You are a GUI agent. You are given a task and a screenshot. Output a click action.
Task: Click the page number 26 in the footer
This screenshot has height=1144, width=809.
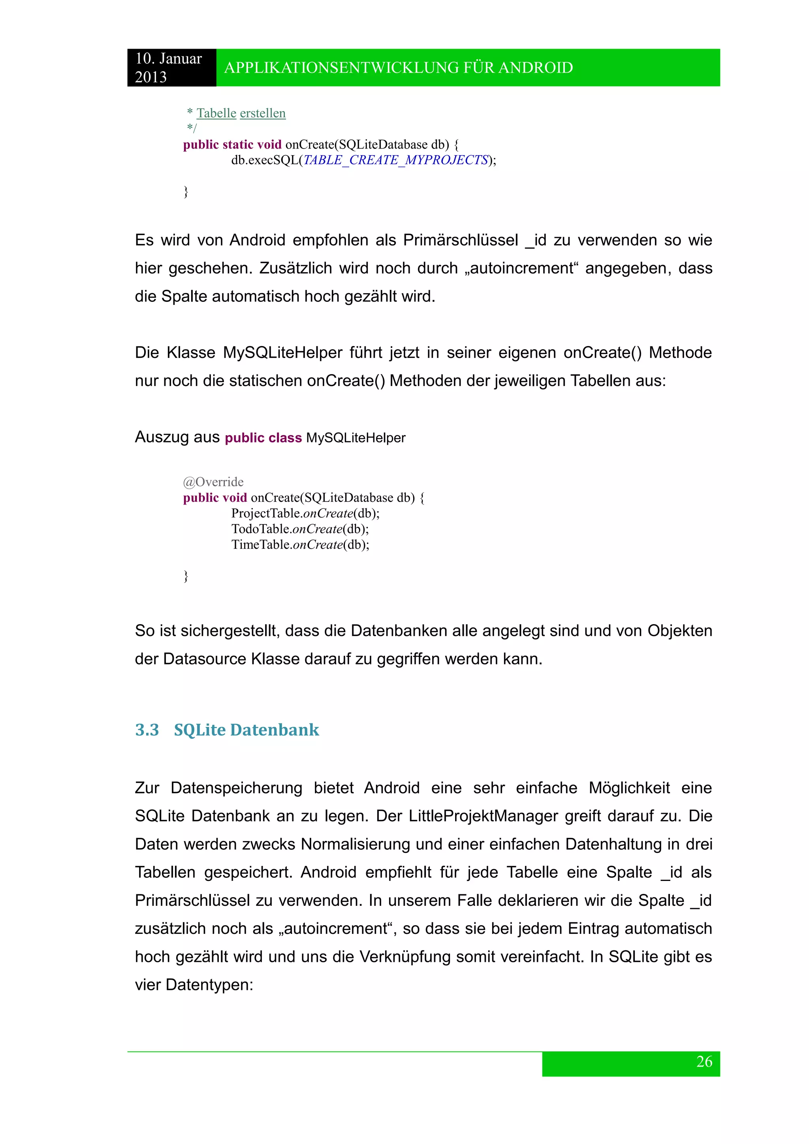coord(704,1062)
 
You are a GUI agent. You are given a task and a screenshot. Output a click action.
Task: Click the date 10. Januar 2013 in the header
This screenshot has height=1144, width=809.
coord(168,68)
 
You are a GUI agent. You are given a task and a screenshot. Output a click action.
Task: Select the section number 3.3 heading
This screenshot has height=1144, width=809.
coord(147,730)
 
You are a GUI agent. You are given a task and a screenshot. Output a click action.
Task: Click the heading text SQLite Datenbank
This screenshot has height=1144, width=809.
coord(246,730)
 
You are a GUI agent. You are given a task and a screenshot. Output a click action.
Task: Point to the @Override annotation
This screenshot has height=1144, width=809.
coord(213,482)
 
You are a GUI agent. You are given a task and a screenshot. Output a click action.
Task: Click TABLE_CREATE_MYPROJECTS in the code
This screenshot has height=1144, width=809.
coord(395,160)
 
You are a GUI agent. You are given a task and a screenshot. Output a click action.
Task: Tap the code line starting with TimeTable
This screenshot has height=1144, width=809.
coord(300,545)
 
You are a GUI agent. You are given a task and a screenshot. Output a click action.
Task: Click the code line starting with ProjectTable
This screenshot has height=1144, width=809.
coord(305,513)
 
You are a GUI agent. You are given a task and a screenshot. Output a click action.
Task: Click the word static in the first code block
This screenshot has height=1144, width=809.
coord(238,145)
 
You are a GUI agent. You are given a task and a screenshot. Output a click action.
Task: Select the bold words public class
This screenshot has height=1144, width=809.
coord(263,438)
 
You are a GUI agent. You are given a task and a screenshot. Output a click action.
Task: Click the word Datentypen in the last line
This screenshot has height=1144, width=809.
coord(209,985)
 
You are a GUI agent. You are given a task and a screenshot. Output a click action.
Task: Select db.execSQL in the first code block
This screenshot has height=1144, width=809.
coord(264,160)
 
